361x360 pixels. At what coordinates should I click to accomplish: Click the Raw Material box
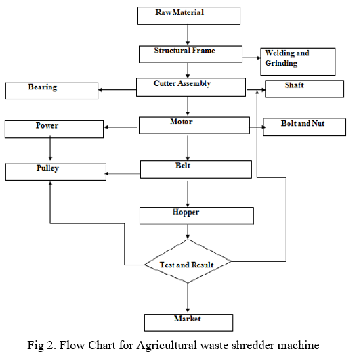pyautogui.click(x=189, y=16)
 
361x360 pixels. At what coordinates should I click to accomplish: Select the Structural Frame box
pyautogui.click(x=190, y=54)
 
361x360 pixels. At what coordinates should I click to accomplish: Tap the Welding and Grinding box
pyautogui.click(x=298, y=62)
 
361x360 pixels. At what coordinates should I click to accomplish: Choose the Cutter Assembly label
pyautogui.click(x=182, y=83)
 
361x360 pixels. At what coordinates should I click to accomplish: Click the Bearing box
pyautogui.click(x=51, y=91)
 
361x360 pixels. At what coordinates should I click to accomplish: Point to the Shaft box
pyautogui.click(x=304, y=89)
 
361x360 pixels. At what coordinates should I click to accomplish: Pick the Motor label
pyautogui.click(x=182, y=121)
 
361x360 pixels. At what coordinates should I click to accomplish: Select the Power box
pyautogui.click(x=54, y=129)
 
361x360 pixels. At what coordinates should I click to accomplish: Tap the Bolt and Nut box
pyautogui.click(x=304, y=127)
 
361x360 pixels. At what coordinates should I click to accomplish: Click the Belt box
pyautogui.click(x=196, y=169)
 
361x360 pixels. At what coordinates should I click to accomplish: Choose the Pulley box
pyautogui.click(x=56, y=172)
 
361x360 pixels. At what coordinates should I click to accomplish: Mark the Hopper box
pyautogui.click(x=196, y=216)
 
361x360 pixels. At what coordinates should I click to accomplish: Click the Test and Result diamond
pyautogui.click(x=188, y=261)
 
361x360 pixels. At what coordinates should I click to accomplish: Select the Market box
pyautogui.click(x=188, y=323)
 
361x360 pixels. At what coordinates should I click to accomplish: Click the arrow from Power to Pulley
pyautogui.click(x=50, y=148)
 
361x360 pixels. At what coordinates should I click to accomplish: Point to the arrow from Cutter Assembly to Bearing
pyautogui.click(x=118, y=90)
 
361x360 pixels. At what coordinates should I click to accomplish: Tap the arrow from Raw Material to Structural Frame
pyautogui.click(x=188, y=35)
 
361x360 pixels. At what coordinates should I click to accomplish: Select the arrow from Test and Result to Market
pyautogui.click(x=188, y=298)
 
